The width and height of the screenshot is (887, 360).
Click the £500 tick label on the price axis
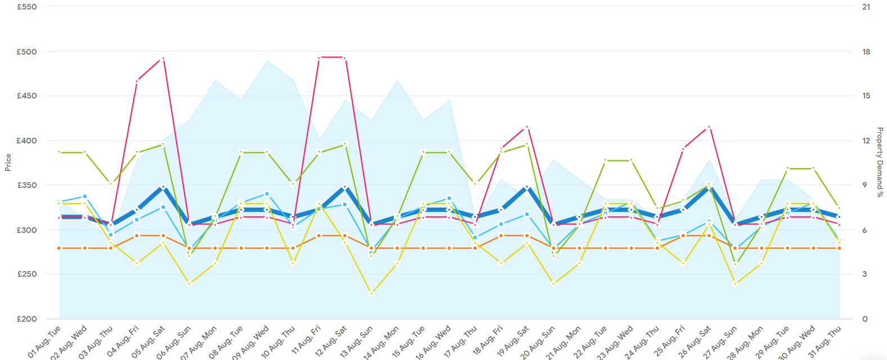click(27, 52)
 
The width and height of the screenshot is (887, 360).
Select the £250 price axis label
click(27, 274)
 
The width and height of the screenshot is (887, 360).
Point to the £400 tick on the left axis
click(27, 141)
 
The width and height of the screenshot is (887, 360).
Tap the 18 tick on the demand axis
click(866, 52)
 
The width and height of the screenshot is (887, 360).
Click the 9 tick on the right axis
click(866, 185)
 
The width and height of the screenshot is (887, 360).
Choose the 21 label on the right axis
click(866, 7)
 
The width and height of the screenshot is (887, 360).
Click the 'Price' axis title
click(8, 163)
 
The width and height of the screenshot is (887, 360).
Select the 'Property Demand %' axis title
click(880, 163)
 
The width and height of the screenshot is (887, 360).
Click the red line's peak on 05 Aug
click(163, 58)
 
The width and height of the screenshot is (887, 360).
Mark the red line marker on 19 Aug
click(527, 127)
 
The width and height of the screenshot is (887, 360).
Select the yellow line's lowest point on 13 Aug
click(371, 294)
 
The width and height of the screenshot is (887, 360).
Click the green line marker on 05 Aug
click(163, 144)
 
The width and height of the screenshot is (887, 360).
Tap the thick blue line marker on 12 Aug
click(345, 187)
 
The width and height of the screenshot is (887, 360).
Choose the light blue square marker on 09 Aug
click(267, 194)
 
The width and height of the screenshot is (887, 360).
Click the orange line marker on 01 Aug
click(59, 248)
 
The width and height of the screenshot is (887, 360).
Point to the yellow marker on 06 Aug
click(189, 284)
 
